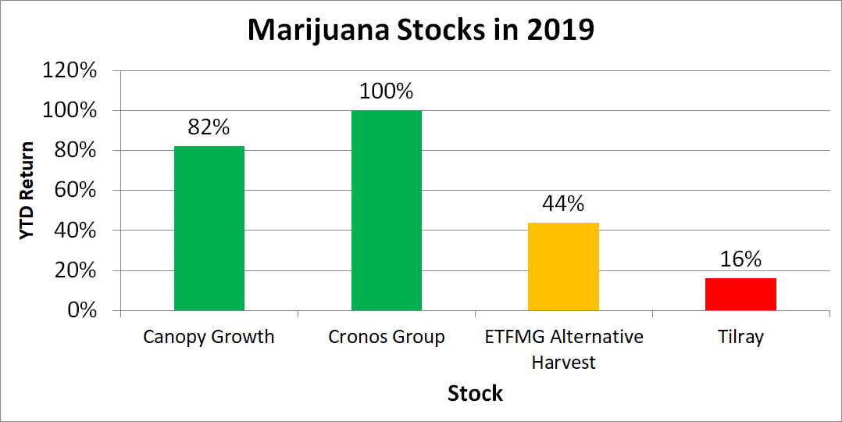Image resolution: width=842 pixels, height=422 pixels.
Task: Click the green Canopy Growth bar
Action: [209, 228]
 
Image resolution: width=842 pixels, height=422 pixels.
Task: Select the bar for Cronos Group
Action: [386, 210]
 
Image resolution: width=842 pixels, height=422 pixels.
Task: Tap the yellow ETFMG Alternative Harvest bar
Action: [563, 266]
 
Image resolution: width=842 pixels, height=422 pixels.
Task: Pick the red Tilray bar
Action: [740, 295]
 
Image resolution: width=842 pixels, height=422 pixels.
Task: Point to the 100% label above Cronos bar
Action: [386, 91]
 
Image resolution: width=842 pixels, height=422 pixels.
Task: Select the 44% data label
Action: [563, 204]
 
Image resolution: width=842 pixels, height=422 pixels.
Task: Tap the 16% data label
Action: [740, 259]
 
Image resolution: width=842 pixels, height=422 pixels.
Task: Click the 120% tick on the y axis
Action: [70, 70]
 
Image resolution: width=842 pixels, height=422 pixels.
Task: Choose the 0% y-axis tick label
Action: [80, 311]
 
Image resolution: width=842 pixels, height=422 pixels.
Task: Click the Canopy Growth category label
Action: [209, 338]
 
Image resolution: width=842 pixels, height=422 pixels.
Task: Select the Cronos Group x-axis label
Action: [386, 338]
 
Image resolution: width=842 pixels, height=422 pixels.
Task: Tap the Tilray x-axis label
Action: [740, 338]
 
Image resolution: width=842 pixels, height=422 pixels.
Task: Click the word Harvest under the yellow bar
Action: [563, 363]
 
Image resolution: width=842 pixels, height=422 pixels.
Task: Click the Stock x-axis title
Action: [475, 393]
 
